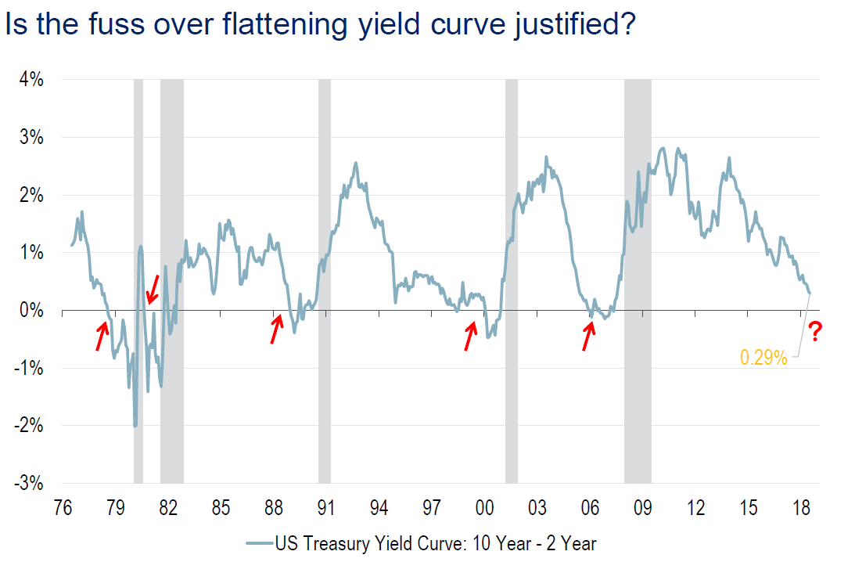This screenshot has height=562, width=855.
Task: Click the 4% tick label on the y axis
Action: pos(31,80)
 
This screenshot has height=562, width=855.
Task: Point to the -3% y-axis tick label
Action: pos(29,484)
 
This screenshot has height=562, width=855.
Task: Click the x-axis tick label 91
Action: pos(326,508)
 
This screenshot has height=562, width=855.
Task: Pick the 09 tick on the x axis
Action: pos(643,508)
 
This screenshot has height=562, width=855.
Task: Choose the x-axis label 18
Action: pos(801,508)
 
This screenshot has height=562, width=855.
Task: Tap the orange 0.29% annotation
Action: pos(763,358)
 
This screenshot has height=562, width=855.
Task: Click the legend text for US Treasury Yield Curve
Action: pos(434,542)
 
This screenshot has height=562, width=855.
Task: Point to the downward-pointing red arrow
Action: pos(153,290)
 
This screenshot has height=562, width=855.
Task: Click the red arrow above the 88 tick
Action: pos(275,329)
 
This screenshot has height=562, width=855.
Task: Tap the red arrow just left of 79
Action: pos(102,336)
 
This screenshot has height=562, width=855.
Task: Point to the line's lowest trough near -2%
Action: pos(135,425)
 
